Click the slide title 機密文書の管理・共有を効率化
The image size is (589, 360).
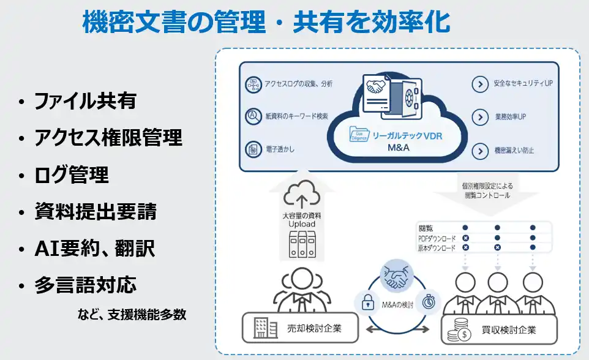[266, 22]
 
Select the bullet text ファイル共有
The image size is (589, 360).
[85, 100]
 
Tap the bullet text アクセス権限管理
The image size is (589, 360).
[108, 138]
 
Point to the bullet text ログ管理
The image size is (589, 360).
[72, 175]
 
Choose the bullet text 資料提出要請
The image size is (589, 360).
[96, 212]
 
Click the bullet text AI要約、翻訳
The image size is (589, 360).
[94, 249]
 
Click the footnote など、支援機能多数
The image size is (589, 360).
[132, 315]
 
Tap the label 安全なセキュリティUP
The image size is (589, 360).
[522, 83]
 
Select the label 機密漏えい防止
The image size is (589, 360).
[514, 149]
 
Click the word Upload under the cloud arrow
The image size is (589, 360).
[302, 224]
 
